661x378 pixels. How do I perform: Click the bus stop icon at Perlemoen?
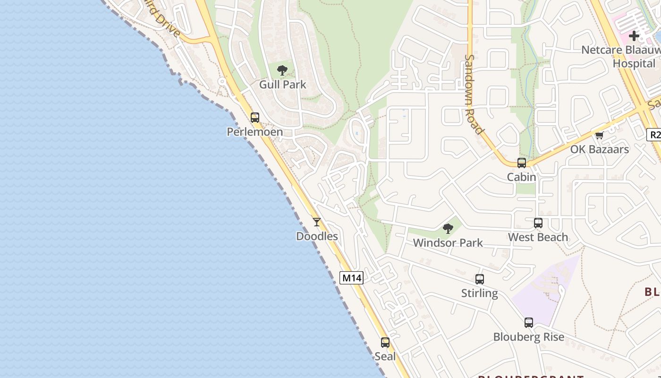(x=255, y=118)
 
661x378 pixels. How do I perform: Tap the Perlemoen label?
(x=255, y=132)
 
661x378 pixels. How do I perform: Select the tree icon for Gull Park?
(x=282, y=71)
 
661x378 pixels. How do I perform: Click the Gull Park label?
(x=282, y=85)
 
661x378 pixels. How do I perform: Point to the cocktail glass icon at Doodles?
(x=317, y=222)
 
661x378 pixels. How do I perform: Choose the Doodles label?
(x=317, y=236)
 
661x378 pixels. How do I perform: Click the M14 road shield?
(x=351, y=278)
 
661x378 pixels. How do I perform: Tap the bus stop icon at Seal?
(x=385, y=343)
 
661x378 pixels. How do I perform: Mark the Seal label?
(x=385, y=356)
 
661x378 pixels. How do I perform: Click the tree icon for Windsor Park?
(x=448, y=229)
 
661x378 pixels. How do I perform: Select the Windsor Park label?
(x=448, y=243)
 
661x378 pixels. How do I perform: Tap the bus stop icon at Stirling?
(x=480, y=279)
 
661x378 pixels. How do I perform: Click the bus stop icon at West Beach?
(x=538, y=223)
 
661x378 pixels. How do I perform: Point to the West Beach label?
(x=538, y=237)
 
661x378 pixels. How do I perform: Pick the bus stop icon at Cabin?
(x=522, y=163)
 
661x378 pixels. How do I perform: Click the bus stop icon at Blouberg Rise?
(x=529, y=323)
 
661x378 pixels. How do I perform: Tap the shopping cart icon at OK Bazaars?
(x=600, y=136)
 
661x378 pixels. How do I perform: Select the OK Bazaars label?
(x=600, y=149)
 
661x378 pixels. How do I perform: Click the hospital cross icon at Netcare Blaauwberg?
(x=634, y=35)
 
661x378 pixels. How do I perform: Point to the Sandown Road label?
(x=474, y=94)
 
